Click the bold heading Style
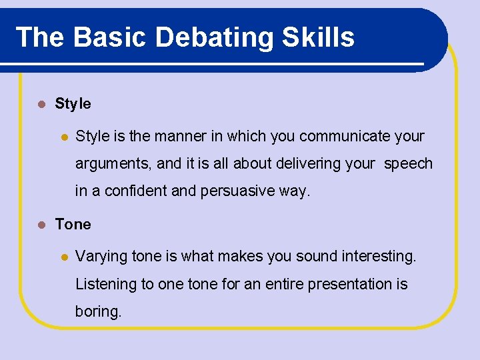point(73,104)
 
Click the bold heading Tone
point(73,225)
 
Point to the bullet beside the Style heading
point(41,105)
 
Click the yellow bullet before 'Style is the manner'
point(64,137)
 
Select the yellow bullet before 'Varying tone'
point(64,257)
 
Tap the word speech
point(408,164)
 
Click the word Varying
point(101,257)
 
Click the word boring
point(98,312)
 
